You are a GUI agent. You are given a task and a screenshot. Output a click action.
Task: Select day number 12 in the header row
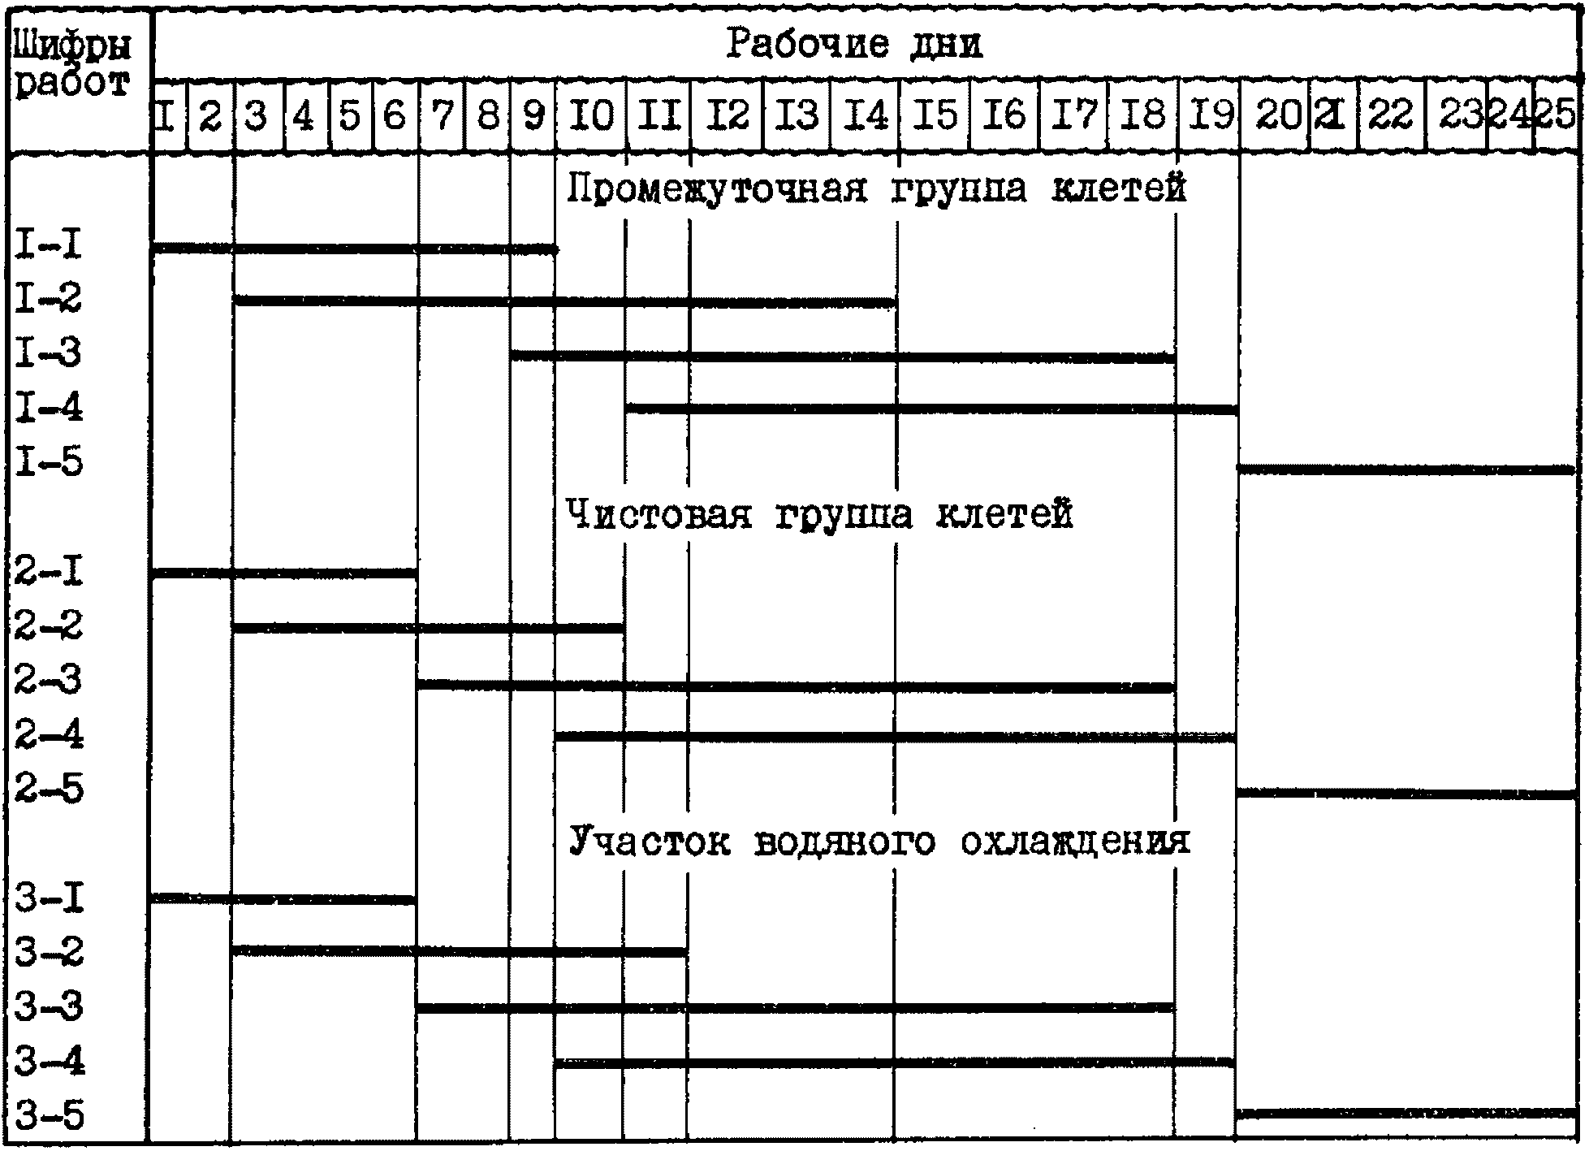(x=727, y=116)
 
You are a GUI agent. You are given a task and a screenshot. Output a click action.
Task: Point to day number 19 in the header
(x=1211, y=116)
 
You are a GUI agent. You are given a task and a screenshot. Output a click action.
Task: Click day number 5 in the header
(x=350, y=116)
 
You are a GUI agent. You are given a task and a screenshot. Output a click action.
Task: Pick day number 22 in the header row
(x=1390, y=116)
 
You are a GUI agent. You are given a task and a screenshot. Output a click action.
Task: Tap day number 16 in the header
(x=1004, y=116)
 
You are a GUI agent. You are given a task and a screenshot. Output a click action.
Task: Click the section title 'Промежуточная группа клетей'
(x=875, y=189)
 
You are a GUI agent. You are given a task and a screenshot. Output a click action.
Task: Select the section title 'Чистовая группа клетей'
(x=818, y=514)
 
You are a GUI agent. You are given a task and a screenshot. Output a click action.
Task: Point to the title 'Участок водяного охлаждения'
(x=879, y=841)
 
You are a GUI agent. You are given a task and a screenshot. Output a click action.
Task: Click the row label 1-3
(x=49, y=354)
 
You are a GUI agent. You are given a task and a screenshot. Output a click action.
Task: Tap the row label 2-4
(x=49, y=735)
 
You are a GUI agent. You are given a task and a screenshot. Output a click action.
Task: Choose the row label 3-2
(x=49, y=953)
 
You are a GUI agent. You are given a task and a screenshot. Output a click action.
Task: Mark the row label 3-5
(x=49, y=1115)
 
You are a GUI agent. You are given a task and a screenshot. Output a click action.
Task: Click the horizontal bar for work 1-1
(x=354, y=249)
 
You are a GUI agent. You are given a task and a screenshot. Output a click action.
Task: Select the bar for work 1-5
(x=1406, y=469)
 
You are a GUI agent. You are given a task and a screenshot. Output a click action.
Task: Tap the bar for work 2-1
(x=284, y=573)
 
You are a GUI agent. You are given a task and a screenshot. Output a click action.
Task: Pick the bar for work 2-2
(x=428, y=628)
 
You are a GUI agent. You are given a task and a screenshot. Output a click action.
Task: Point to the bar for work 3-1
(x=284, y=899)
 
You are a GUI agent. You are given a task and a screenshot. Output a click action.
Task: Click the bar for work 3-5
(x=1406, y=1113)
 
